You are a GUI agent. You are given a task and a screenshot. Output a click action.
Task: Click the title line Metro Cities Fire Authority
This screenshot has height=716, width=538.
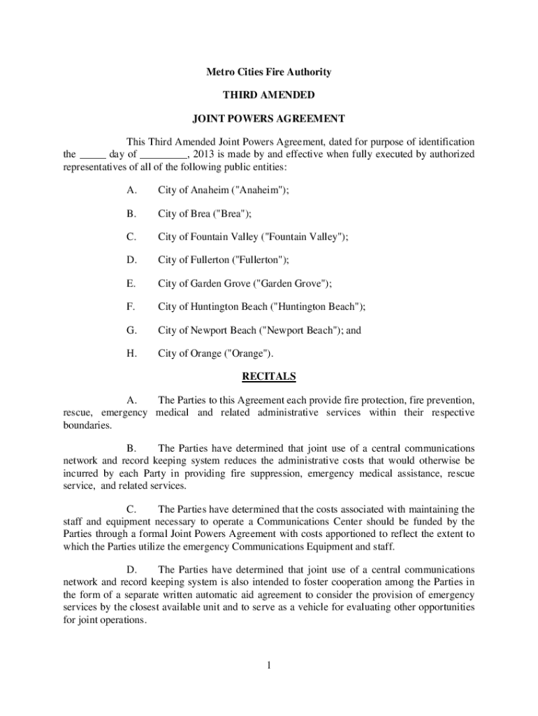click(x=268, y=72)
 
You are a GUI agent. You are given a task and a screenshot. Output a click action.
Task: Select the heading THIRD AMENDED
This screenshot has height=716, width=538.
click(x=268, y=95)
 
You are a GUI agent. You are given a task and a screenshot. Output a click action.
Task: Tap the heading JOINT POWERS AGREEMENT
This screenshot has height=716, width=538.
click(x=268, y=118)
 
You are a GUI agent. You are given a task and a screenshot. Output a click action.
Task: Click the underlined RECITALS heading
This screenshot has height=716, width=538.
click(x=268, y=377)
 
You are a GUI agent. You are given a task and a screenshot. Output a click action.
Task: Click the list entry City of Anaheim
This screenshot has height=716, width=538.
click(x=223, y=190)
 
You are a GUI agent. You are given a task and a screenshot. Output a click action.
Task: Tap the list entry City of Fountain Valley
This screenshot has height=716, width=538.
click(x=252, y=237)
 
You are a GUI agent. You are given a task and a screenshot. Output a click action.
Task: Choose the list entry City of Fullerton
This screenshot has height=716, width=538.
click(x=223, y=260)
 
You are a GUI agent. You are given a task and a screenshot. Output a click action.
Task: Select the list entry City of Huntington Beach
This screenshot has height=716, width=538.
click(x=261, y=306)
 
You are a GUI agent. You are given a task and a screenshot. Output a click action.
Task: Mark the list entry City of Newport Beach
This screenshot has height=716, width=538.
click(x=259, y=330)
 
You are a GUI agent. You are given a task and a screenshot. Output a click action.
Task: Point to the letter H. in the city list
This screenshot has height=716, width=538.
click(x=131, y=353)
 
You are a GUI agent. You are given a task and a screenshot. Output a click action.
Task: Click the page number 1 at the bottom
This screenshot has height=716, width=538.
click(x=268, y=665)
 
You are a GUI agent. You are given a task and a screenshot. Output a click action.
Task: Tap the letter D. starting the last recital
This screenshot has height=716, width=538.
click(x=131, y=570)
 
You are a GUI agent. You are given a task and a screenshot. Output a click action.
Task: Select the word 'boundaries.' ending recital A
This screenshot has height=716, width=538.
click(x=86, y=424)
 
